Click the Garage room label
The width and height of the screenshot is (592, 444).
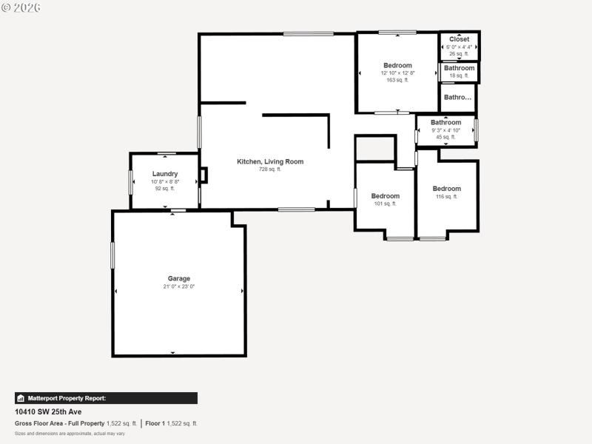coord(179,279)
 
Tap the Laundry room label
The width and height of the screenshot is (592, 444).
coord(165,174)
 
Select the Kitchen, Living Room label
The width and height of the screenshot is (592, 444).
coord(270,161)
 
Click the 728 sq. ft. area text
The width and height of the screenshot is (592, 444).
coord(270,169)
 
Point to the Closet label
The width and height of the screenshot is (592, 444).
coord(459,39)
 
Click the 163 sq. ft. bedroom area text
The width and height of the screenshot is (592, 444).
coord(397,80)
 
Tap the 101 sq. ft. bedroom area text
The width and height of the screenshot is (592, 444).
coord(385,203)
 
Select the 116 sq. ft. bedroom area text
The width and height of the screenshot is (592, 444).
coord(446,196)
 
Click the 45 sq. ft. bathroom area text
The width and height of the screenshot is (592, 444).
coord(445,137)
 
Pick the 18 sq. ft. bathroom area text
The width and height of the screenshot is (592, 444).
coord(459,75)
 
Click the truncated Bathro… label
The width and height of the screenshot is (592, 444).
coord(457,97)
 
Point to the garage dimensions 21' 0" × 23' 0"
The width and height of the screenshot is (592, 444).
coord(179,286)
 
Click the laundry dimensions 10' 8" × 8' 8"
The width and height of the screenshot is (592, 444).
coord(165,181)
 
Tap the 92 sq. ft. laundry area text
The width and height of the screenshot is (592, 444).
coord(165,188)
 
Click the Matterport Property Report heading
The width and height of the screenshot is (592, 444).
coord(67,398)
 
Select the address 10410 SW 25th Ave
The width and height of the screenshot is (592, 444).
coord(48,411)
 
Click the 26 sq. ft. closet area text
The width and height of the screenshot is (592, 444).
coord(459,53)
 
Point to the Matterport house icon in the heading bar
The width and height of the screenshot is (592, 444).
coord(21,398)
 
